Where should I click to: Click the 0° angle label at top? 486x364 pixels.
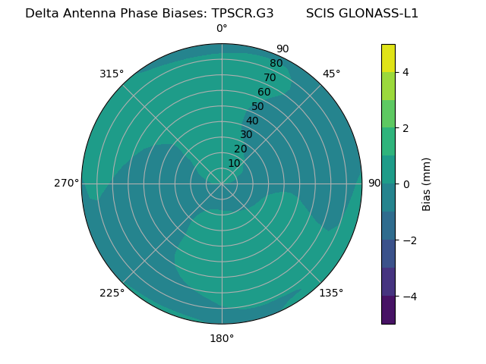pyautogui.click(x=222, y=29)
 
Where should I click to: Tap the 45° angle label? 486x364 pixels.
pyautogui.click(x=331, y=74)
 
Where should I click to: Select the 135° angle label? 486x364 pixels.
pyautogui.click(x=331, y=293)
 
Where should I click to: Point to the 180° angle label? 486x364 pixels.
pyautogui.click(x=222, y=338)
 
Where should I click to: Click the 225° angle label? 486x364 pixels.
pyautogui.click(x=112, y=293)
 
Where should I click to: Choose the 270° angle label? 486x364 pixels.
pyautogui.click(x=66, y=183)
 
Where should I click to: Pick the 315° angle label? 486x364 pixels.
pyautogui.click(x=112, y=74)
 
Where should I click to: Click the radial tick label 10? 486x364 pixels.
pyautogui.click(x=234, y=163)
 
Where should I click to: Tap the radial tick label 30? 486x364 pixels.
pyautogui.click(x=246, y=135)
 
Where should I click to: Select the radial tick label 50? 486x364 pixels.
pyautogui.click(x=257, y=107)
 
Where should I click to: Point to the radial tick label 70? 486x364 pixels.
pyautogui.click(x=270, y=78)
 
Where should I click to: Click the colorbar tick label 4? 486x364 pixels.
pyautogui.click(x=406, y=72)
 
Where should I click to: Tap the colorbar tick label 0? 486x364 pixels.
pyautogui.click(x=406, y=184)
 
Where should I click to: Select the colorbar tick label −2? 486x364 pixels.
pyautogui.click(x=409, y=240)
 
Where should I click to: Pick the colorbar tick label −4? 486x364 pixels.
pyautogui.click(x=409, y=297)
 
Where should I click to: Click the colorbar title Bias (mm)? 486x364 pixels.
pyautogui.click(x=427, y=184)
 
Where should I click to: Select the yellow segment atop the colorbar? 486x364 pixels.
pyautogui.click(x=388, y=58)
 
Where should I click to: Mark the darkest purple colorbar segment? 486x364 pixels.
pyautogui.click(x=388, y=310)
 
